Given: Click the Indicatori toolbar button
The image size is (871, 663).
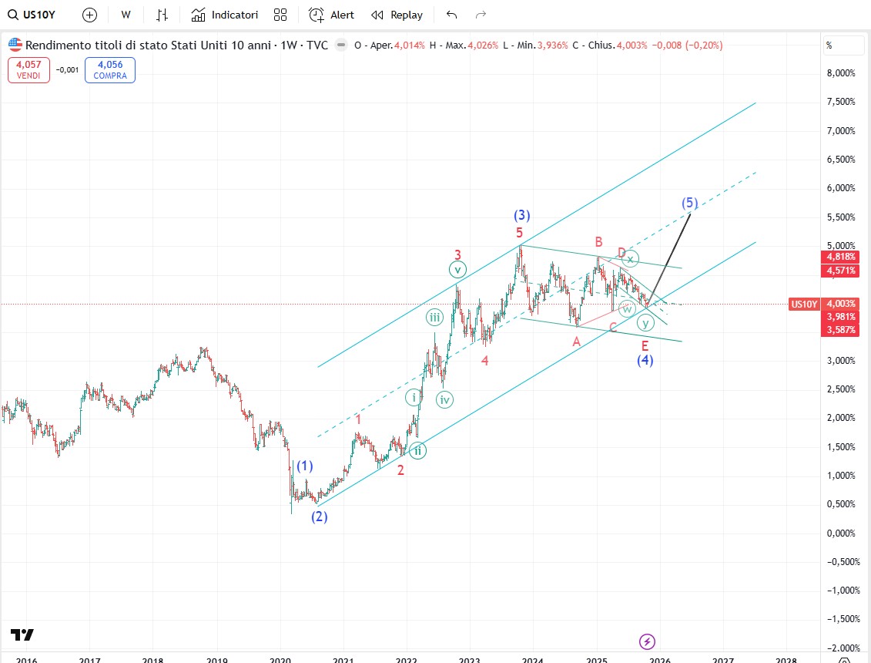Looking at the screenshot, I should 225,15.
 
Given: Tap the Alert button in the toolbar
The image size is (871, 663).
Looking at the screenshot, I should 332,15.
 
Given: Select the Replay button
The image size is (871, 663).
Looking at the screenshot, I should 397,15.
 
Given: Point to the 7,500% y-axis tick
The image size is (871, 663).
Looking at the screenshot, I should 840,102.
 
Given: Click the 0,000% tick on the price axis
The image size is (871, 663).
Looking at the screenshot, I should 840,533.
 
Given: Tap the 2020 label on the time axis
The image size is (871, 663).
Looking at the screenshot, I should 280,660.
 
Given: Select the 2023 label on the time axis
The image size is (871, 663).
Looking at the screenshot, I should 469,660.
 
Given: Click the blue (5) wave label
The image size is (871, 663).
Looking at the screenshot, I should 689,204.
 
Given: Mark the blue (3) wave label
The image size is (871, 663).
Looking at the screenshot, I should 522,215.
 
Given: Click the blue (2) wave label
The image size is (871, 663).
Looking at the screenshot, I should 320,517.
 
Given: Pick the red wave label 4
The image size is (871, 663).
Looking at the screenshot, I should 484,360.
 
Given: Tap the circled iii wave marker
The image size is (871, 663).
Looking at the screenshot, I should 435,317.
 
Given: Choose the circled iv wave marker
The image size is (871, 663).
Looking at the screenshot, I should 444,399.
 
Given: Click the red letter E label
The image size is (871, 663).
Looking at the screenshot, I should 645,346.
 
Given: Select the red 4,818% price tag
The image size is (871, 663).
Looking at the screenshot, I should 841,257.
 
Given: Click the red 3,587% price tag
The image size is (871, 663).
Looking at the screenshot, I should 841,330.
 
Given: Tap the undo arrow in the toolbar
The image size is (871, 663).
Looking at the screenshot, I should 451,15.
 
